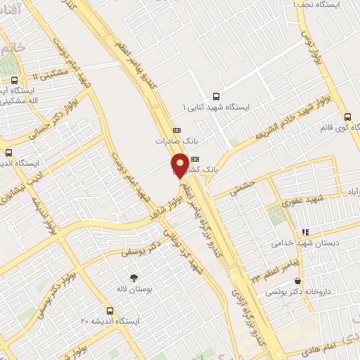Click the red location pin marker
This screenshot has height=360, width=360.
point(180,164)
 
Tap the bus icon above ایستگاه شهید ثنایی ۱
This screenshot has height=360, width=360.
point(216,97)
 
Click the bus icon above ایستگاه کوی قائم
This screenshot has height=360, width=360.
point(347,117)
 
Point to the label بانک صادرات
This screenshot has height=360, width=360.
point(173,141)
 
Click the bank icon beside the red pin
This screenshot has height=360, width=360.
point(195,160)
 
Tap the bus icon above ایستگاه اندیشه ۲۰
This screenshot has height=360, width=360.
point(110,310)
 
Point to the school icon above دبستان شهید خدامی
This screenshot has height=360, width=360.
point(305,231)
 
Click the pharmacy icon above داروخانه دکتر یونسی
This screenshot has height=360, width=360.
point(297,270)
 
